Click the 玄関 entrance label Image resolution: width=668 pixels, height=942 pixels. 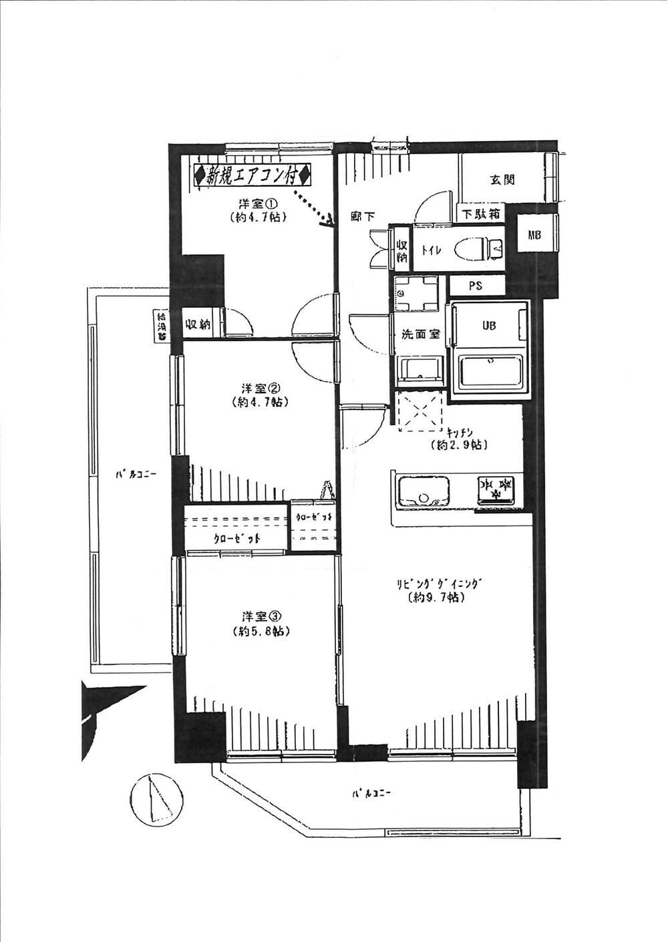click(x=502, y=179)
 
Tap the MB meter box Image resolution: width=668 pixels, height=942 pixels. click(x=534, y=234)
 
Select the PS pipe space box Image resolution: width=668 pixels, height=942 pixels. click(x=476, y=286)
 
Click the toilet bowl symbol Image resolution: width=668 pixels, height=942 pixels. click(x=480, y=249)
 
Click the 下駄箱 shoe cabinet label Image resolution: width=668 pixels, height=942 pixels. click(x=480, y=215)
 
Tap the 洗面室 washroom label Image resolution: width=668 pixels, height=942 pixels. click(x=420, y=334)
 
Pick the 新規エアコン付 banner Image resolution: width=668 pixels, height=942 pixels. click(x=253, y=177)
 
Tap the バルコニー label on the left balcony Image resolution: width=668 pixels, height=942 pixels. click(x=136, y=475)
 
